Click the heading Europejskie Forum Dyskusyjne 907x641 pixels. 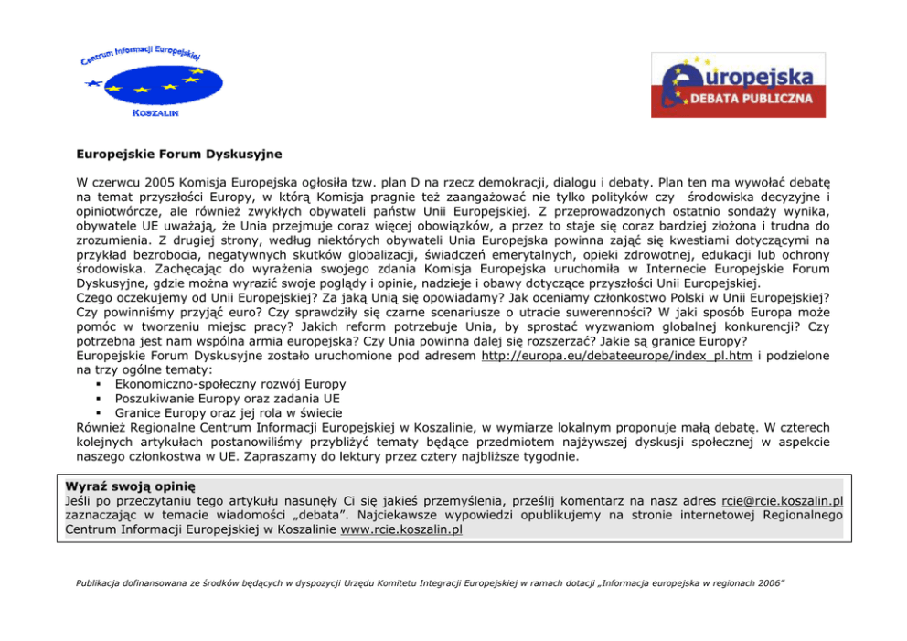[178, 155]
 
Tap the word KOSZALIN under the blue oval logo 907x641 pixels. [155, 113]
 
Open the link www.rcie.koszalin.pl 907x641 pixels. [400, 529]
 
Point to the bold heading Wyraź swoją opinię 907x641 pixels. [131, 486]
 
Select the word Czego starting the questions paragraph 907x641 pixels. [96, 297]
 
